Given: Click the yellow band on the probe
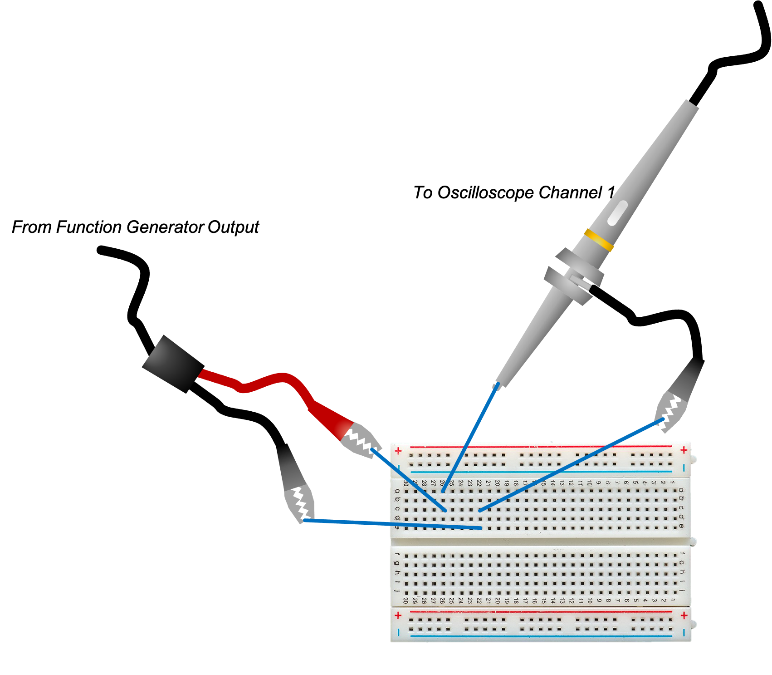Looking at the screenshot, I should [x=599, y=240].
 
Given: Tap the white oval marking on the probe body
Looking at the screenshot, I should [x=617, y=213].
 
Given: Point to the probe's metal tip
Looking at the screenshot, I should [x=496, y=386].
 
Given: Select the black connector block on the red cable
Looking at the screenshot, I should [x=172, y=364].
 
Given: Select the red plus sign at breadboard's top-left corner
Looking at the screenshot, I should [x=398, y=451].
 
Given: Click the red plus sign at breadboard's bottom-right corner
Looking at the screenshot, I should [x=684, y=616].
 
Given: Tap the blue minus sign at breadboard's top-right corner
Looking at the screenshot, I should [x=684, y=468].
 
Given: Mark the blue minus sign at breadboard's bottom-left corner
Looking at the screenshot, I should [x=398, y=632].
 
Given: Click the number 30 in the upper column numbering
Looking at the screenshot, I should [x=406, y=483].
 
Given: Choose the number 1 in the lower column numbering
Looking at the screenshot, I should [x=673, y=600].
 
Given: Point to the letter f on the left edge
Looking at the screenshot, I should [x=397, y=554].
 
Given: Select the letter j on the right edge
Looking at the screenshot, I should [x=681, y=591].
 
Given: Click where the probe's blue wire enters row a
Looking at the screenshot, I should [x=443, y=491].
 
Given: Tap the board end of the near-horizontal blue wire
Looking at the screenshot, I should [x=481, y=528].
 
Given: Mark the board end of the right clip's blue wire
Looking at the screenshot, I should [x=480, y=511].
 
